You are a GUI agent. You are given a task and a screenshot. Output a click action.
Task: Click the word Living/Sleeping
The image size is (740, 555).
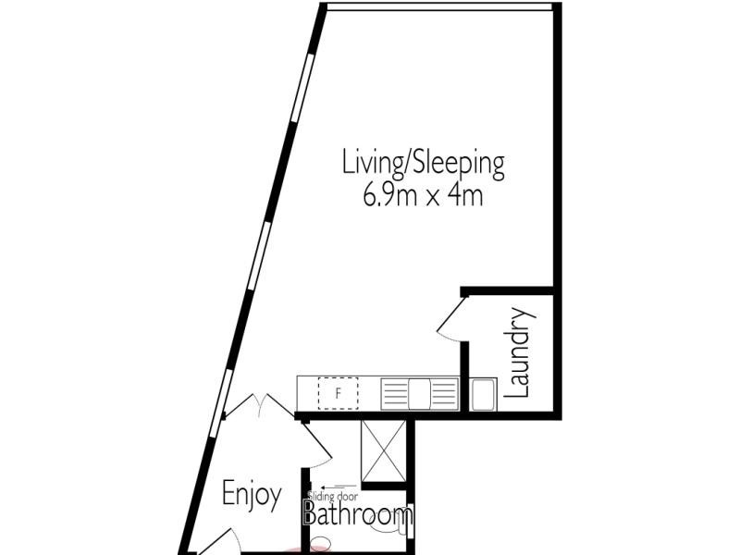click(424, 165)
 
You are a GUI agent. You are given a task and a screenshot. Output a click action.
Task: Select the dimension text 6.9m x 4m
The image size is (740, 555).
click(424, 196)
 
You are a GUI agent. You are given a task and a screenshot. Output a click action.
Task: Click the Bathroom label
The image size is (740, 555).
click(358, 515)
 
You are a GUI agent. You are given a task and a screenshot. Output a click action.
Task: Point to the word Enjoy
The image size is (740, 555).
click(251, 495)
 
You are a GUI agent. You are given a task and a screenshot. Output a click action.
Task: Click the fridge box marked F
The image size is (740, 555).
click(339, 393)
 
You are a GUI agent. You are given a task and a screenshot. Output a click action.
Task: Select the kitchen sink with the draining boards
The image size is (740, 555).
click(420, 393)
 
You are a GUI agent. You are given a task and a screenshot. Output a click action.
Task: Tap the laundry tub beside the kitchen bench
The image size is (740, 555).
click(484, 395)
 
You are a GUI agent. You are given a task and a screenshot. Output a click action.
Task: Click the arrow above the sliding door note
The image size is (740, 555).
click(339, 486)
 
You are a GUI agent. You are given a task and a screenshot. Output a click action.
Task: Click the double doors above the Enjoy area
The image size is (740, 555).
click(250, 407)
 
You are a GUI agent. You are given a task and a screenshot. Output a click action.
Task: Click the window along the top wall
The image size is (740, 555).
click(439, 6)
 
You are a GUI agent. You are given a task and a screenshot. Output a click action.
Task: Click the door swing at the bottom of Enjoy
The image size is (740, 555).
click(215, 544)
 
